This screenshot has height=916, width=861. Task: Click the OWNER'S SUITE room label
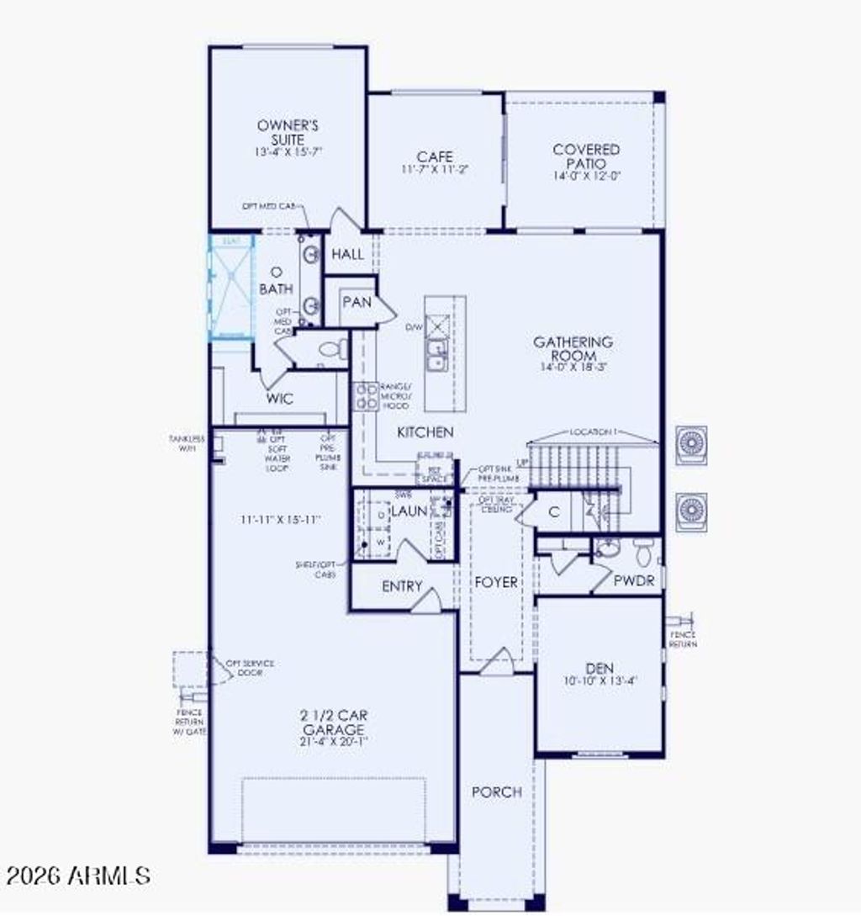tap(288, 133)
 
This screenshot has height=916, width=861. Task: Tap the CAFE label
tap(435, 157)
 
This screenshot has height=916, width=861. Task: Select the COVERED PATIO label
tap(586, 156)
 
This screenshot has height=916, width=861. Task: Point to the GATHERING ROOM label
tap(584, 349)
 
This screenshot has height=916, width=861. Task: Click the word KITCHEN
tap(425, 432)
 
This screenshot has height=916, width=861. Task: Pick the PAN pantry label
tap(357, 301)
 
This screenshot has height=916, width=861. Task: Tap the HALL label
tap(347, 254)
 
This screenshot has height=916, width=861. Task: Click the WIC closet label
tap(279, 399)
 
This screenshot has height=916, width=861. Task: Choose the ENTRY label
tap(402, 586)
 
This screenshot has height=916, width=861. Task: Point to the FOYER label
tap(496, 582)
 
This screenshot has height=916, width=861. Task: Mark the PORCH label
tap(496, 792)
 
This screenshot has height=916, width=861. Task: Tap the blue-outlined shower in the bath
tap(230, 288)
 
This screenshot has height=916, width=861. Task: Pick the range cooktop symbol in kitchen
tap(367, 396)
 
